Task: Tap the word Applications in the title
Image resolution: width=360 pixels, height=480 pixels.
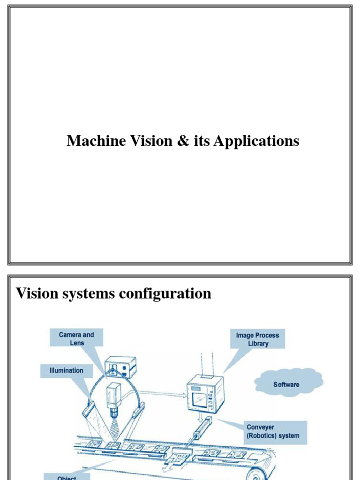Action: click(x=256, y=141)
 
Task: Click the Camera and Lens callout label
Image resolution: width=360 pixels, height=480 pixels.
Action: click(x=76, y=338)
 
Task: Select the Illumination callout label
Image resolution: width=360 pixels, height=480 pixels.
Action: click(x=66, y=370)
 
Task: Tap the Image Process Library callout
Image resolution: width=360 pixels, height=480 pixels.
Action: click(x=257, y=339)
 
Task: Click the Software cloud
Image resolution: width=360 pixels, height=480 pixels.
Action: click(x=286, y=384)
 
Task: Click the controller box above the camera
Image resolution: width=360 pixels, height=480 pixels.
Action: click(x=120, y=367)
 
